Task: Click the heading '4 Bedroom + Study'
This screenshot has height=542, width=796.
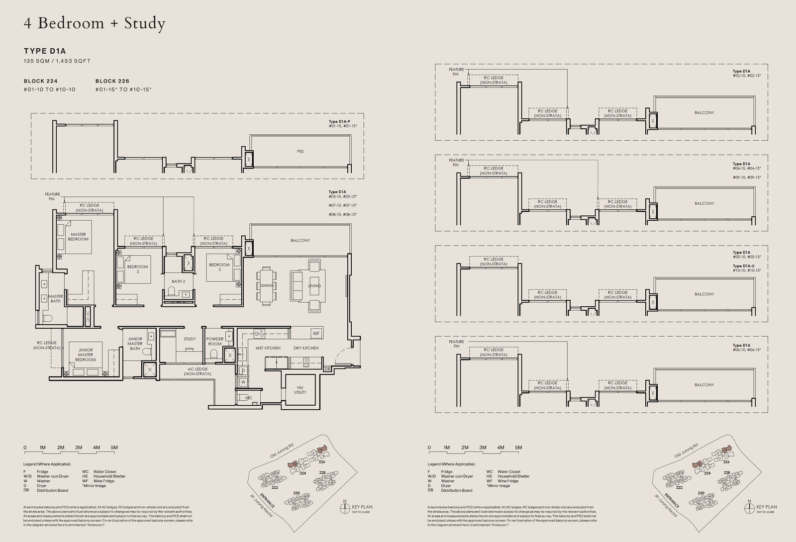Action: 95,23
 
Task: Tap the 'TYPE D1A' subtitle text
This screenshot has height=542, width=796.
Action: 45,51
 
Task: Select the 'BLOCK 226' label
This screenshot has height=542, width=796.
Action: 112,81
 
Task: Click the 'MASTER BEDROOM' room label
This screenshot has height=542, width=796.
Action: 78,237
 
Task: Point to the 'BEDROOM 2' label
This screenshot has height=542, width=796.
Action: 137,269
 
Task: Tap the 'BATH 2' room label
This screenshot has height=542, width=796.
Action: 178,281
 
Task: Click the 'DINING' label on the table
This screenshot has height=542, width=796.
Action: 266,286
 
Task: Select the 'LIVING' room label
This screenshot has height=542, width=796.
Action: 314,286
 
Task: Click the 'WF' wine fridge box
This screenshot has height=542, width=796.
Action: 316,333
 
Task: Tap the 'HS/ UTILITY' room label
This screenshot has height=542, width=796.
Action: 300,390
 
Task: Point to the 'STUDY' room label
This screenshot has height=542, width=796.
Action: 190,339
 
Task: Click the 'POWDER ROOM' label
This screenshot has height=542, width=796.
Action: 215,342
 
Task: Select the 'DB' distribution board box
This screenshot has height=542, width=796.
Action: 327,369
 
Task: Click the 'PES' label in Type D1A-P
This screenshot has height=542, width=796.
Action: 300,152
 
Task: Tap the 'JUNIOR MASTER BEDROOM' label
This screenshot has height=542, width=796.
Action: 85,355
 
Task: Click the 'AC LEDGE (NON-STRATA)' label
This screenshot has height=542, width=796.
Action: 198,371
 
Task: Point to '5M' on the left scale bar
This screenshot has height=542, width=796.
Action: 114,448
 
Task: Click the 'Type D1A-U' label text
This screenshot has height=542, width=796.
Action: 744,266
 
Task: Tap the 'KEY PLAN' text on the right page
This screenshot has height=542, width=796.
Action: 767,507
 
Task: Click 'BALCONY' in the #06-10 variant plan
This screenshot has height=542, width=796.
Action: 704,385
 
